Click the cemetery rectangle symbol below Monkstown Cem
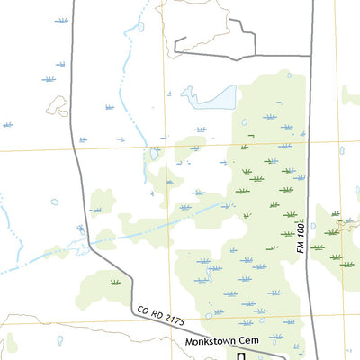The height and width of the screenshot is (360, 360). [x=241, y=356]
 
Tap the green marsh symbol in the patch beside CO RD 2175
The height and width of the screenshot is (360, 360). [x=115, y=283]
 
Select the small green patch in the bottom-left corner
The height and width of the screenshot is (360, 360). [x=10, y=344]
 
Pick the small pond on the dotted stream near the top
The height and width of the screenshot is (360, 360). [x=140, y=27]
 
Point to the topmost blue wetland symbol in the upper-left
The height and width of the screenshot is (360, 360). [x=61, y=19]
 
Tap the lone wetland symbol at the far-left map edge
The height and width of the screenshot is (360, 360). [x=7, y=124]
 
